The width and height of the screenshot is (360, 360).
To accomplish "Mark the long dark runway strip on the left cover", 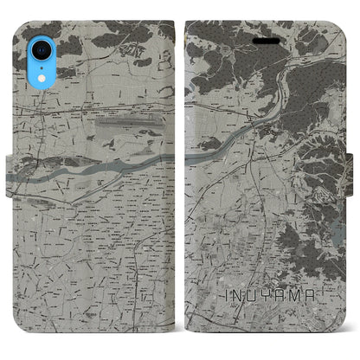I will (129, 124).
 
